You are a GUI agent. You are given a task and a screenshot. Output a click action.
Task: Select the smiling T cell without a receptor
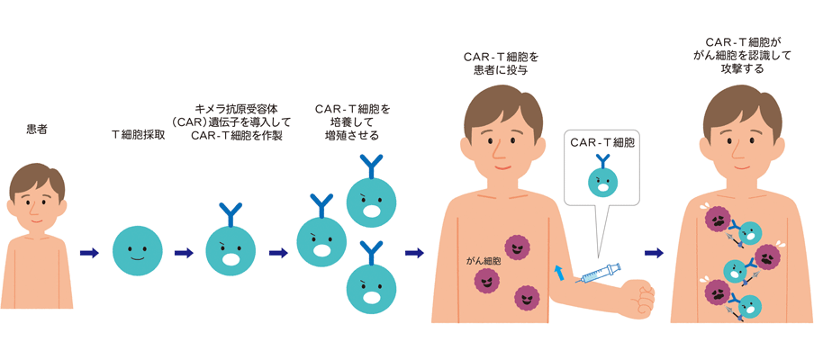138,251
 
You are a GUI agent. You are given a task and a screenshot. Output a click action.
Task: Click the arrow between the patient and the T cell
89,254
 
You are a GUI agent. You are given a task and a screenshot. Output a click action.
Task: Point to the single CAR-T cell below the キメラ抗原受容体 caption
231,248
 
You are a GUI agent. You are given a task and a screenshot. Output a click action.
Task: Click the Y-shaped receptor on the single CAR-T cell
231,214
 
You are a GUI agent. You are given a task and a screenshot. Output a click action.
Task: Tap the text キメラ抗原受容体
236,107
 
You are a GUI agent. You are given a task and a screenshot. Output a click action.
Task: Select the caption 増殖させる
351,135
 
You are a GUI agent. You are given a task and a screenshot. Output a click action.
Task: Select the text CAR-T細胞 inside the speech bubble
602,142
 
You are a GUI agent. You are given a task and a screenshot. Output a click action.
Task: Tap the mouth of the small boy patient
37,217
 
